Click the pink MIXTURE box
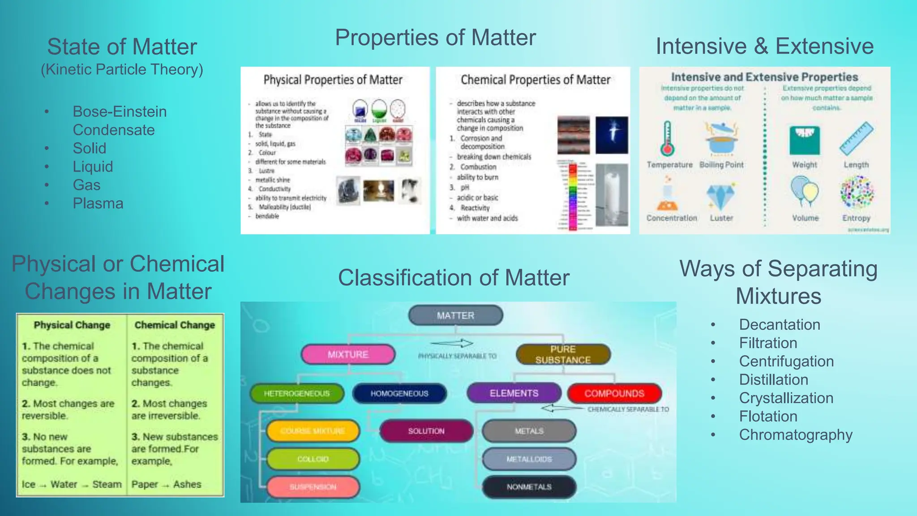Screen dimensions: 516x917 (x=348, y=354)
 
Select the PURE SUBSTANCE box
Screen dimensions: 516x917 (x=563, y=354)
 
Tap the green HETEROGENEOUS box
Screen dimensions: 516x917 (x=297, y=393)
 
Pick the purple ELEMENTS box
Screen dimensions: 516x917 (x=514, y=393)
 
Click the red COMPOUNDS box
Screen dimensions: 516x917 (x=614, y=393)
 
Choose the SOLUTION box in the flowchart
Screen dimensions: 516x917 (x=426, y=431)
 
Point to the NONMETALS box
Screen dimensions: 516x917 (x=529, y=487)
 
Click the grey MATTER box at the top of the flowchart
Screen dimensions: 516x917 (x=455, y=315)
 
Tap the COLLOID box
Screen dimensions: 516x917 (x=313, y=459)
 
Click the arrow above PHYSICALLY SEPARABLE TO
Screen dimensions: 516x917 (x=452, y=343)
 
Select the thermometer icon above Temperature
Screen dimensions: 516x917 (x=667, y=139)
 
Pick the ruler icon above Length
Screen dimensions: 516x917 (x=856, y=139)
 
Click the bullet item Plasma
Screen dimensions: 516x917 (x=98, y=203)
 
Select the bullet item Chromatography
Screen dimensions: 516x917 (x=796, y=434)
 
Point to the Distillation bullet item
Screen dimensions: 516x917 (x=773, y=379)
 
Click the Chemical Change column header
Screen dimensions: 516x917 (x=175, y=325)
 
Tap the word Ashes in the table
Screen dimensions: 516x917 (x=187, y=484)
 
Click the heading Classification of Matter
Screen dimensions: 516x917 (x=454, y=278)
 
